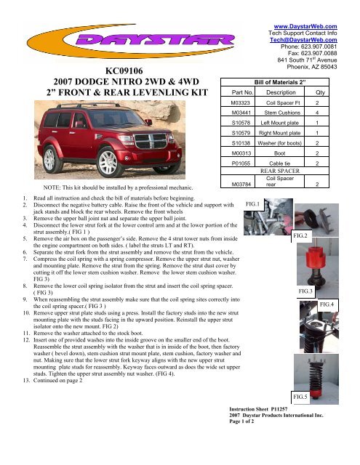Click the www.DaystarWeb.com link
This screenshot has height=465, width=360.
305,26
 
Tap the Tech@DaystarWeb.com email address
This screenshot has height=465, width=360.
303,40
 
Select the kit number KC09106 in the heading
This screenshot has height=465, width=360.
124,71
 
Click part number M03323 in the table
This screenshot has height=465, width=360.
241,103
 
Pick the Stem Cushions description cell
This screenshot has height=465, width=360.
282,113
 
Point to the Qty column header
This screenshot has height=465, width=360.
320,92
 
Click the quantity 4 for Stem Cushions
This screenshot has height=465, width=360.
317,113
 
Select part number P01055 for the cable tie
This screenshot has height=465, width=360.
241,163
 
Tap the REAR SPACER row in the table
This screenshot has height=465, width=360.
280,171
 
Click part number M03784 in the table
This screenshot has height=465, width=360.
241,184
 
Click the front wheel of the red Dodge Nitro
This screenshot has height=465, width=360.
108,163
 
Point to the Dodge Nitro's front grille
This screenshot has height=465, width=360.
151,141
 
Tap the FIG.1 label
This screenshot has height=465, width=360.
252,204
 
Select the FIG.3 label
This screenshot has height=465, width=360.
305,291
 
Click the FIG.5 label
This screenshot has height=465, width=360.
300,397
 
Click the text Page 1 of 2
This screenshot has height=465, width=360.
241,421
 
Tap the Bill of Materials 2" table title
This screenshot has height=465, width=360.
279,82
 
